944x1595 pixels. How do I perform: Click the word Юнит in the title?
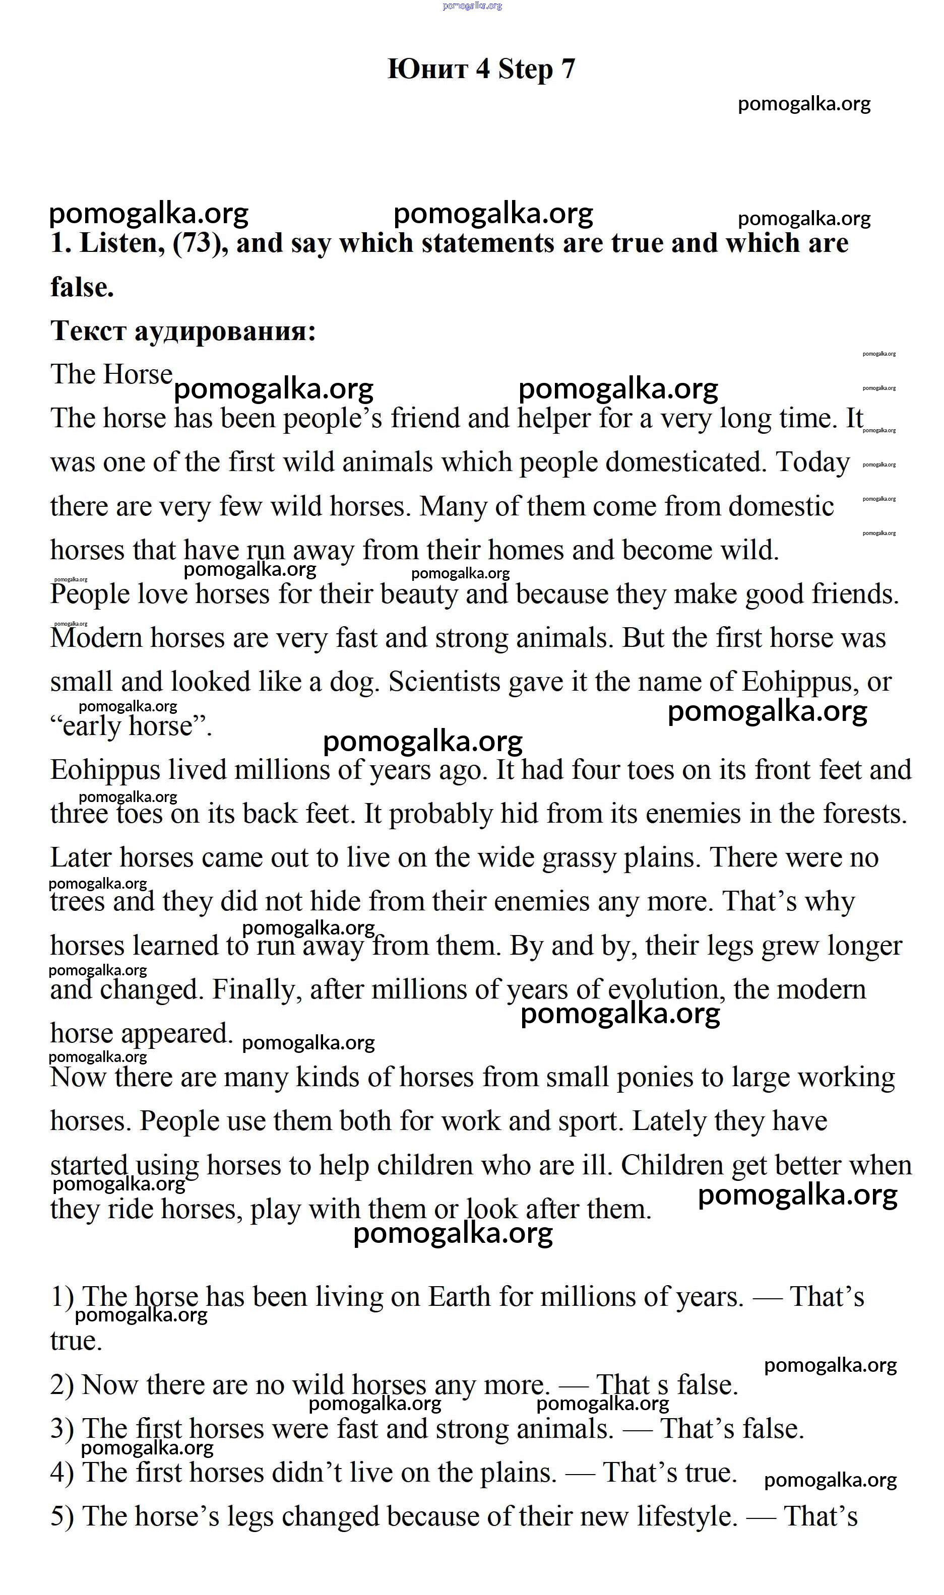click(x=427, y=69)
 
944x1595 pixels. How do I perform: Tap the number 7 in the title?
click(x=568, y=69)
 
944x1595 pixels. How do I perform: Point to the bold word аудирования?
click(x=225, y=331)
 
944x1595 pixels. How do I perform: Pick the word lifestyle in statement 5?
click(x=687, y=1516)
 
